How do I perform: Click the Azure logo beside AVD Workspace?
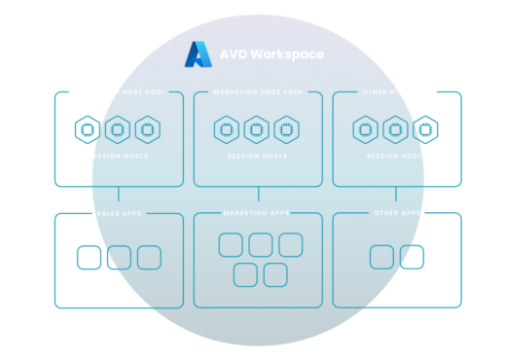click(199, 54)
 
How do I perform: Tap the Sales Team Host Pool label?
click(119, 92)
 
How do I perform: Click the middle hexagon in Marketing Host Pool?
click(256, 128)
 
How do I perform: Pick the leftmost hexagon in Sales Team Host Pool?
click(88, 128)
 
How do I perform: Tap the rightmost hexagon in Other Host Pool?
click(425, 128)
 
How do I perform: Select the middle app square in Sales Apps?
click(119, 258)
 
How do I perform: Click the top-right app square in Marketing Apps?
click(290, 245)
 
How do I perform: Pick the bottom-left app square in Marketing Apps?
click(245, 275)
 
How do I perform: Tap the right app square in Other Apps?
click(412, 257)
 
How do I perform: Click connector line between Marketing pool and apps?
click(257, 198)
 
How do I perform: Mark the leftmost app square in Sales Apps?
click(89, 258)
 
